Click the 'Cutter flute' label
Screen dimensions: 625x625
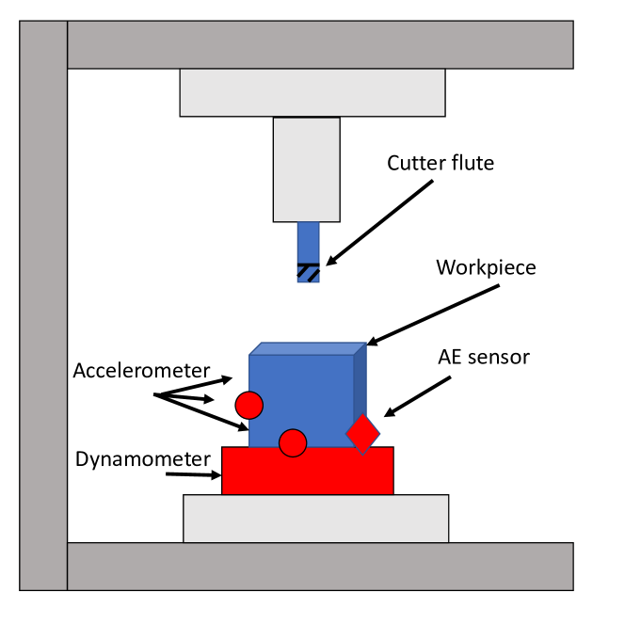[x=441, y=164]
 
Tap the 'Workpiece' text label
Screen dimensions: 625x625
[x=486, y=267]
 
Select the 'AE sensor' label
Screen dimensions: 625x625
[x=484, y=357]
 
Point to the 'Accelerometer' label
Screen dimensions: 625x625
[x=140, y=371]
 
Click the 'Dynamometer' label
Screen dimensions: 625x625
[x=141, y=459]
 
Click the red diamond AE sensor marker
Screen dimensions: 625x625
[x=362, y=433]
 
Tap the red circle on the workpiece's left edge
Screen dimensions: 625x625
[x=248, y=405]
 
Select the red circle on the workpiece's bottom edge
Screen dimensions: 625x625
[x=293, y=441]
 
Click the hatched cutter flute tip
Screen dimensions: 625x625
[x=309, y=272]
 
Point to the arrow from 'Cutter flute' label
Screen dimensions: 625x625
[x=377, y=222]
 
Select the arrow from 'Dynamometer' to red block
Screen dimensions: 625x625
[x=194, y=474]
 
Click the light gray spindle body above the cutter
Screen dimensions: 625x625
[x=307, y=169]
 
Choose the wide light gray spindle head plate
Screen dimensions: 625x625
[x=312, y=92]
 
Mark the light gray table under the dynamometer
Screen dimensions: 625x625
[x=315, y=518]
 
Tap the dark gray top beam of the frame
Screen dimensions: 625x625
[x=320, y=44]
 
